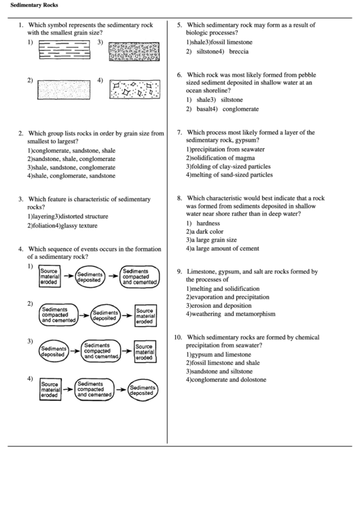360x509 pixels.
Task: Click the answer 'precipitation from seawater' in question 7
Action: pos(226,149)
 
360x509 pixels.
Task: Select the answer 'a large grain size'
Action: pos(213,239)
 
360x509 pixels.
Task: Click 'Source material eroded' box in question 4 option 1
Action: pos(50,277)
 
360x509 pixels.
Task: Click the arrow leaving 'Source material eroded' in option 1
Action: pos(67,277)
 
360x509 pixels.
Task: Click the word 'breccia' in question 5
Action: pos(238,52)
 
